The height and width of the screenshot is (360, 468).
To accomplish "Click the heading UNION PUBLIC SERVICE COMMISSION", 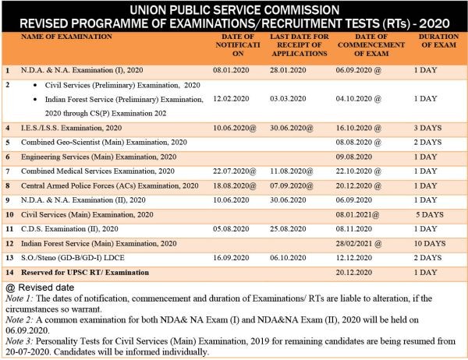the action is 235,10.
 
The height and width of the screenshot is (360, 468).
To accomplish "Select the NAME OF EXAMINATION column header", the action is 66,37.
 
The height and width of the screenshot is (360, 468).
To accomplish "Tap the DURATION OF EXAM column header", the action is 438,41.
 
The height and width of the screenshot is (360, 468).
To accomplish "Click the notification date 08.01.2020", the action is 231,70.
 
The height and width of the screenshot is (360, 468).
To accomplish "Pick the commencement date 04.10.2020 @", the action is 359,99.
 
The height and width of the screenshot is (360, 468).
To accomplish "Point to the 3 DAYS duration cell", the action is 427,128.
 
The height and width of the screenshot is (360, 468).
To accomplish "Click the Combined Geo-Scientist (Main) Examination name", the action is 104,143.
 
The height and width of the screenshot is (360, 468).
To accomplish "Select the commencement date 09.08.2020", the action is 354,157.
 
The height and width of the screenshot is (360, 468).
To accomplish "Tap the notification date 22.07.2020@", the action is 235,171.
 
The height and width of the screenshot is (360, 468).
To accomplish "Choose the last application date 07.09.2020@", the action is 292,185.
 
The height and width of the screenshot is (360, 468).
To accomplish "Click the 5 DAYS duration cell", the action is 430,215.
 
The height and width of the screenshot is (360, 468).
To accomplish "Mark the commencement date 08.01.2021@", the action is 357,215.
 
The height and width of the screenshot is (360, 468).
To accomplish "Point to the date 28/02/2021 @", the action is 359,244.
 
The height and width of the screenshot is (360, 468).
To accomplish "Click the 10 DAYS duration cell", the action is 430,244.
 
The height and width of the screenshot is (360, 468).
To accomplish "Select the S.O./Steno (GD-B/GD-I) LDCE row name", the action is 73,258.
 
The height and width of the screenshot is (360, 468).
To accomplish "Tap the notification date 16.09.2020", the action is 231,258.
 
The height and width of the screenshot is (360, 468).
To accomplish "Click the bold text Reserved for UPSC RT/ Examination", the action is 85,272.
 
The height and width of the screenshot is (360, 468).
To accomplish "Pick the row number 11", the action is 9,229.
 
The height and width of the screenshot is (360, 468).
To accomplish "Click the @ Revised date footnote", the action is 40,288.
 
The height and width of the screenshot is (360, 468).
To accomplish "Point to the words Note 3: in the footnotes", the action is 19,341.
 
